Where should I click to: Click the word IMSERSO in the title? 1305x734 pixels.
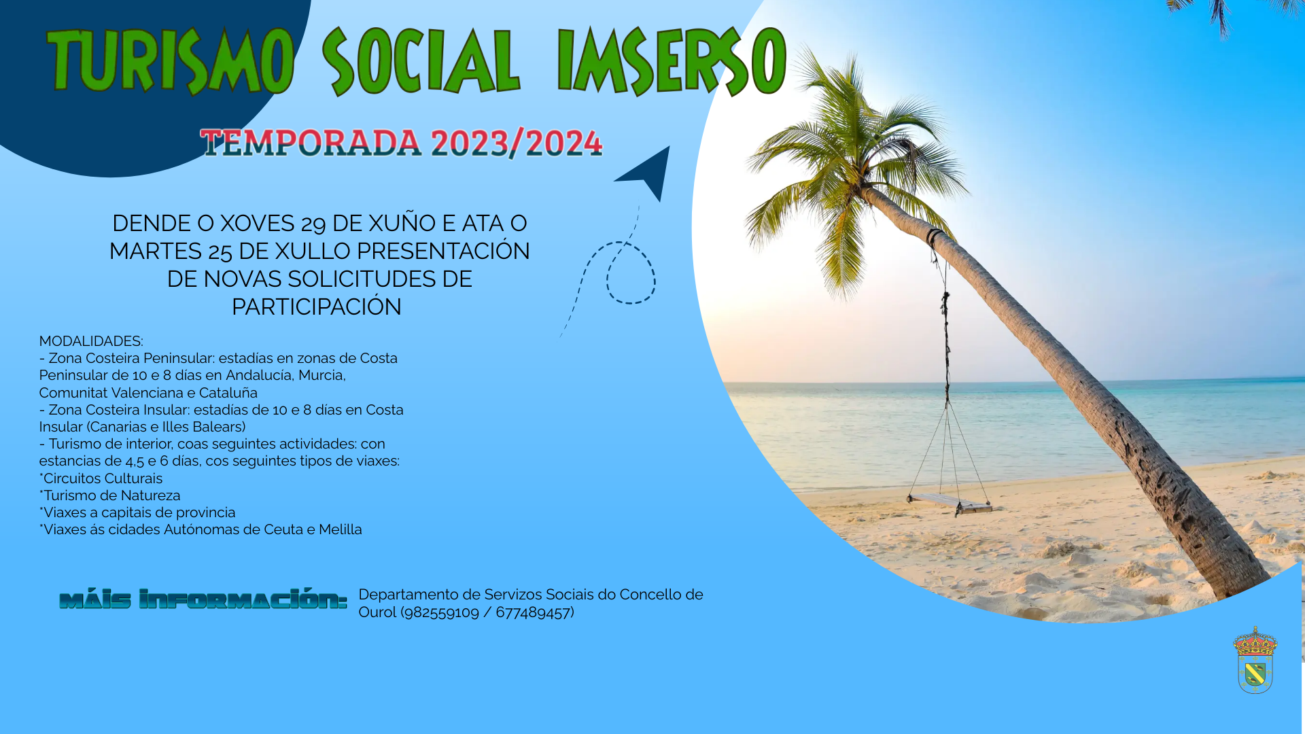coord(672,61)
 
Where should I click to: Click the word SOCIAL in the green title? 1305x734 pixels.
coord(421,61)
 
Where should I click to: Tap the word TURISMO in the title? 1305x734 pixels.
coord(171,61)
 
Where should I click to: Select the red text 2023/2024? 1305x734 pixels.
coord(517,143)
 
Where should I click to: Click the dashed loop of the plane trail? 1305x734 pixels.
coord(631,272)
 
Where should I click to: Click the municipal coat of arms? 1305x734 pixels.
coord(1255,660)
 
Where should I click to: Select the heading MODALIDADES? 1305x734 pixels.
coord(91,341)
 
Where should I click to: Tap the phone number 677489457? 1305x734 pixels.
coord(533,612)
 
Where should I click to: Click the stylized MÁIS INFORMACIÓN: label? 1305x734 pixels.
coord(203,599)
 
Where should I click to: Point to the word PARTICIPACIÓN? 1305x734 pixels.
coord(317,307)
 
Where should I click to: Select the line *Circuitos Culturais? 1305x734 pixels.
coord(101,478)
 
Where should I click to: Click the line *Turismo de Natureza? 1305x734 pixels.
coord(109,495)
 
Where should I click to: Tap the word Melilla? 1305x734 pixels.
coord(341,529)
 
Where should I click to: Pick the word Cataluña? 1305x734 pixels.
coord(228,393)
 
